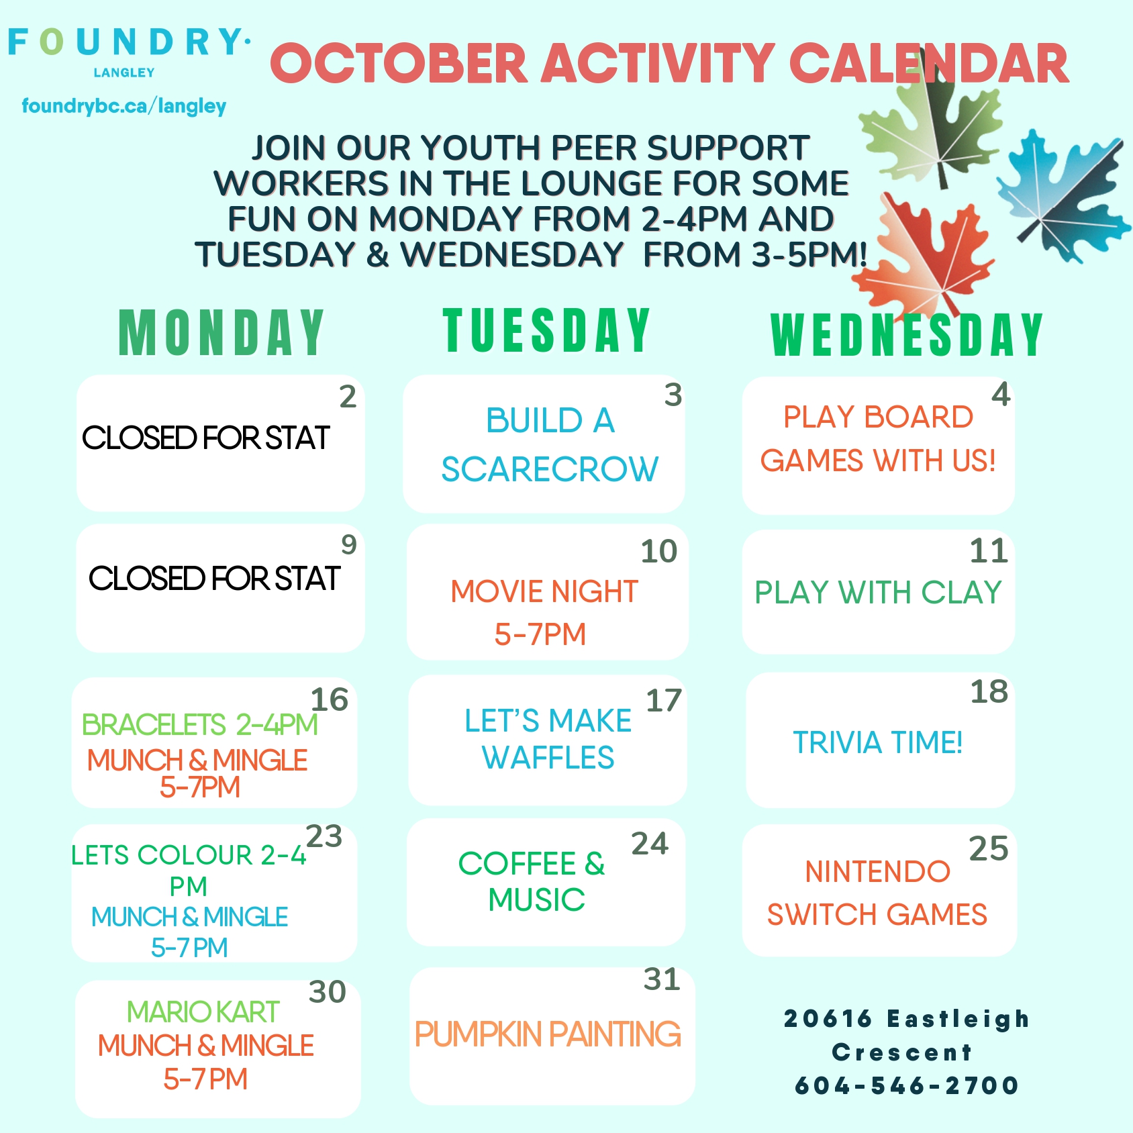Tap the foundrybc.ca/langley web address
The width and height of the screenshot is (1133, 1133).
click(124, 106)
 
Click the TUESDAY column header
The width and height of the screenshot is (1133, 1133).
click(547, 330)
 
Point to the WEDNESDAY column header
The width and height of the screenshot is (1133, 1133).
click(907, 334)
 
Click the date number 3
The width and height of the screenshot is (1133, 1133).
click(673, 395)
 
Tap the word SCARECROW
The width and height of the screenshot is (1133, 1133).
click(550, 469)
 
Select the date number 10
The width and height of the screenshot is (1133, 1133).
click(659, 551)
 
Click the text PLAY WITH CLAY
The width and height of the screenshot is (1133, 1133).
click(878, 593)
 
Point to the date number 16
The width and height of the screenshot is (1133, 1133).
click(329, 699)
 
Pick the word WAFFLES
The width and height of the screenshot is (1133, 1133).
click(548, 758)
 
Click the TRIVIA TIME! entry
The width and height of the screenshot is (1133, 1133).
click(878, 742)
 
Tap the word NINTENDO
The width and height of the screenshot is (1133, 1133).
click(878, 872)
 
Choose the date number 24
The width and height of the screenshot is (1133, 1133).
click(650, 844)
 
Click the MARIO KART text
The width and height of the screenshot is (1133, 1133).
click(203, 1012)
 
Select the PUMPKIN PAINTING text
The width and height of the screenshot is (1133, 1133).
click(548, 1034)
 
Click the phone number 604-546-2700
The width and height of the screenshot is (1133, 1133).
click(907, 1085)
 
